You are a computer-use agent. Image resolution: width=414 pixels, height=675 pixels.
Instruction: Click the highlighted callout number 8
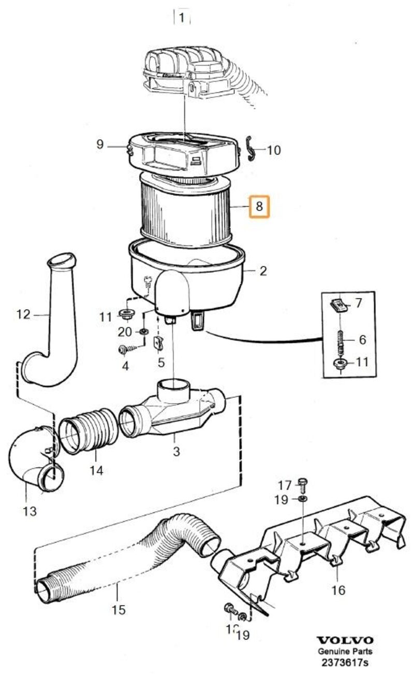tap(259, 207)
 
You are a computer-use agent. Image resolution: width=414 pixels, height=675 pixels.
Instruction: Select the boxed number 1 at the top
tap(181, 18)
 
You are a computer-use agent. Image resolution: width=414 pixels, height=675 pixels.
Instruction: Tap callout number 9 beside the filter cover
tap(100, 145)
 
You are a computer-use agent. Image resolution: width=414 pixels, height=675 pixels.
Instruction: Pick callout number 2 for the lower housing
tap(263, 270)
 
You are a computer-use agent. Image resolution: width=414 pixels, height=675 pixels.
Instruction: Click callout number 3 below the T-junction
tap(176, 451)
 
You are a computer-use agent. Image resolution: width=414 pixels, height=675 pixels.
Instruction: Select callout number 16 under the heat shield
tap(338, 590)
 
